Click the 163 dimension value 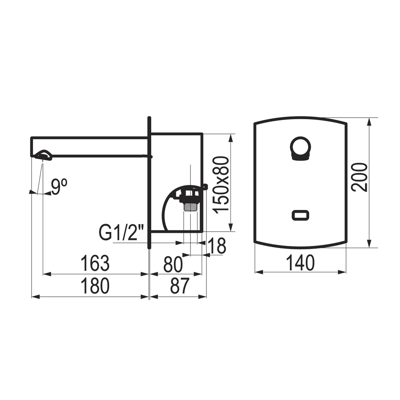pyautogui.click(x=95, y=263)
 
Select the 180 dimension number pyautogui.click(x=95, y=286)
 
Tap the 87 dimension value pyautogui.click(x=180, y=286)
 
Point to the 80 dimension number pyautogui.click(x=173, y=264)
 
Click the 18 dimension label pyautogui.click(x=217, y=246)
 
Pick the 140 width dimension pyautogui.click(x=300, y=263)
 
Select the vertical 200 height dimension pyautogui.click(x=360, y=177)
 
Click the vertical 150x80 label pyautogui.click(x=221, y=185)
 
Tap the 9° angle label pyautogui.click(x=59, y=187)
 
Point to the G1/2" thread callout pyautogui.click(x=122, y=232)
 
